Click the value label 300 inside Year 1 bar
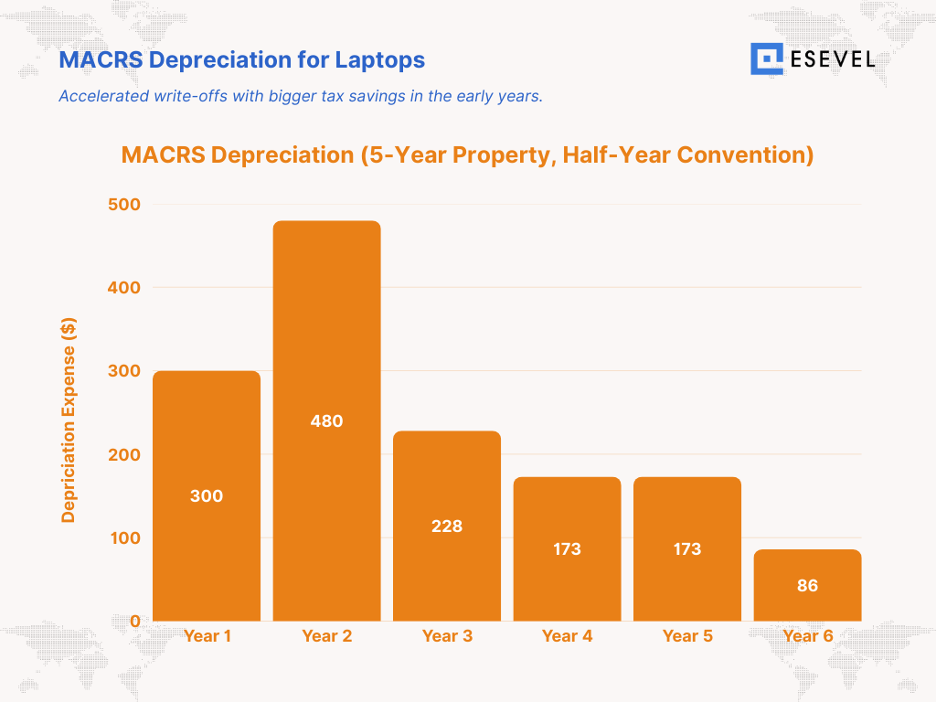coord(207,496)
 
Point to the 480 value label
coord(326,421)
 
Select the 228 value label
coord(447,526)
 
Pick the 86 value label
coord(807,586)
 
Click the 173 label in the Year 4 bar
coord(567,549)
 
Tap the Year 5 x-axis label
coord(687,636)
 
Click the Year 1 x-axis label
coord(207,636)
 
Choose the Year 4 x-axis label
coord(567,636)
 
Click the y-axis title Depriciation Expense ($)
coord(69,420)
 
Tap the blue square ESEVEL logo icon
coord(767,59)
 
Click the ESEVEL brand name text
coord(832,60)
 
